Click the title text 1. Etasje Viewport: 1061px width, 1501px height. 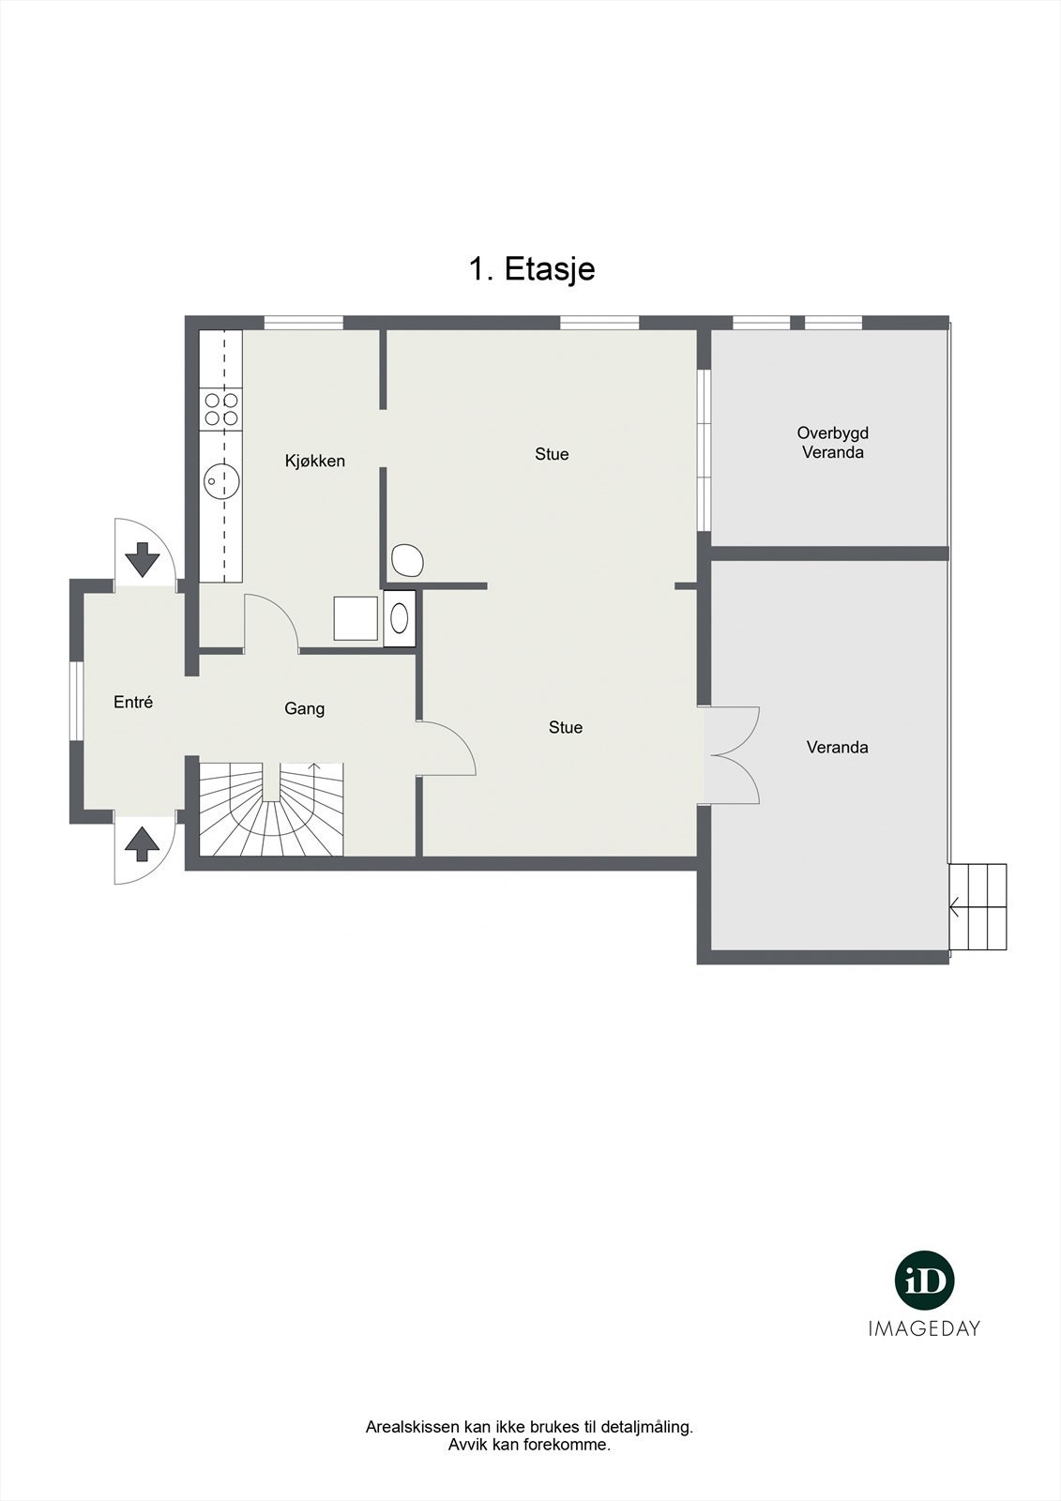(x=531, y=269)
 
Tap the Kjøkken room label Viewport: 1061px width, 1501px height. (x=315, y=461)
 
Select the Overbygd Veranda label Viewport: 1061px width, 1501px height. (x=833, y=443)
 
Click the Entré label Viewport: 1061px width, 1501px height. (x=133, y=702)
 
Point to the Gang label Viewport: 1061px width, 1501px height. (x=305, y=708)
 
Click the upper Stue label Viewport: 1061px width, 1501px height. (x=552, y=454)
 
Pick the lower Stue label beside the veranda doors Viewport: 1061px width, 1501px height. (x=566, y=727)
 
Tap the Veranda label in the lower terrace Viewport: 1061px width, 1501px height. (x=837, y=748)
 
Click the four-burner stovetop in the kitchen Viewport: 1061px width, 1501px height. (x=221, y=409)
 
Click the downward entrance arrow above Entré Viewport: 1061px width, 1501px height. (x=143, y=558)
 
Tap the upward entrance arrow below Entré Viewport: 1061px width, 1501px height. (x=143, y=843)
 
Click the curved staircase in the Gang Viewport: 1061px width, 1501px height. (x=270, y=811)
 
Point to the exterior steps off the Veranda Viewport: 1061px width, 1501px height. (x=978, y=907)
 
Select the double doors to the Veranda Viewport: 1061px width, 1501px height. (x=731, y=755)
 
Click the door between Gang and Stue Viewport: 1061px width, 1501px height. (x=447, y=749)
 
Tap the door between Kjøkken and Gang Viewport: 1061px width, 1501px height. (x=271, y=622)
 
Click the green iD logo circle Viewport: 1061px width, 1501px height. (x=924, y=1280)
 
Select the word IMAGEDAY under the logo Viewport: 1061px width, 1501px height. (x=924, y=1328)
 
